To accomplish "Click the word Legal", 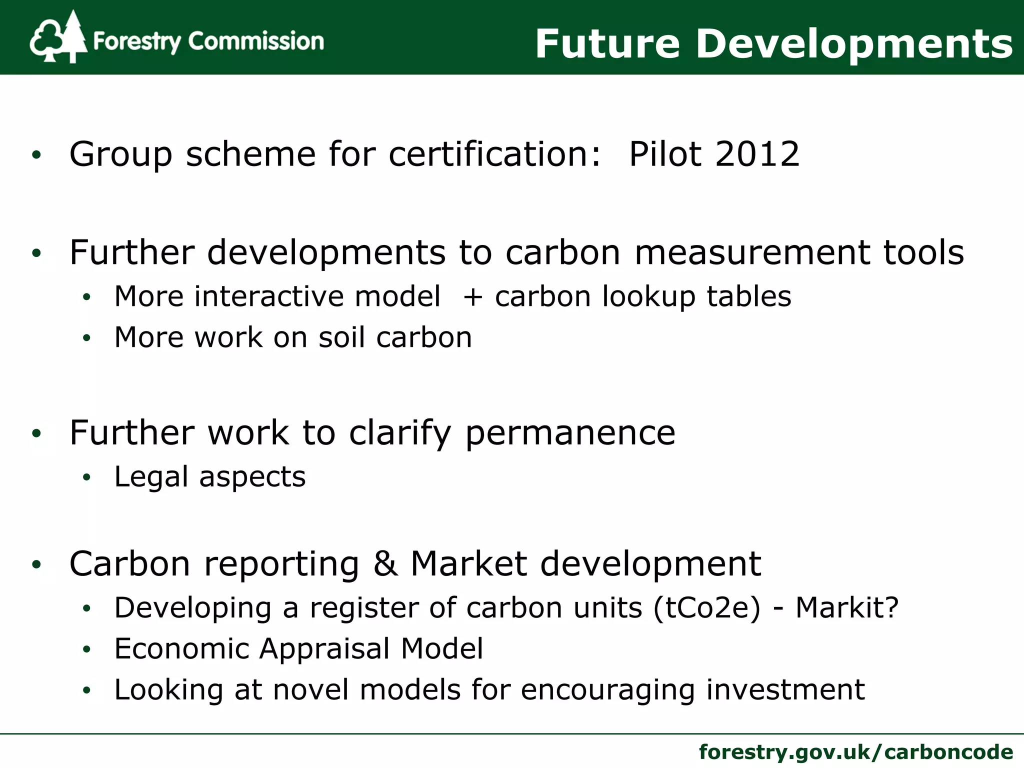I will click(x=151, y=477).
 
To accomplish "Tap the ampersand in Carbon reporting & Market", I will click(x=385, y=564).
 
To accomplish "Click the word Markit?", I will click(x=847, y=608).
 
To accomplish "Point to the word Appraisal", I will click(x=324, y=649).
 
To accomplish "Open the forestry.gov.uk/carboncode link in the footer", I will click(x=855, y=751).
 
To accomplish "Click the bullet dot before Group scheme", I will click(x=36, y=155).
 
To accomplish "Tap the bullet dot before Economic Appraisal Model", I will click(x=87, y=650).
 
